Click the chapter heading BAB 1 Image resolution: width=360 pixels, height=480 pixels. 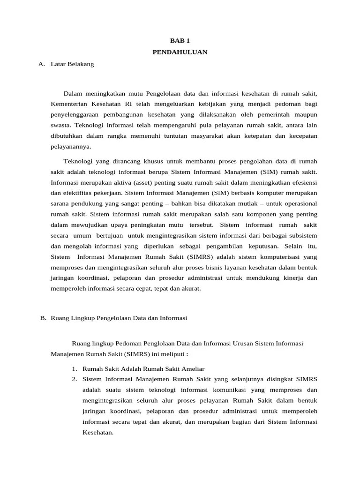pyautogui.click(x=180, y=41)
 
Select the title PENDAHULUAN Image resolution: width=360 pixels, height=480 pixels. pyautogui.click(x=180, y=52)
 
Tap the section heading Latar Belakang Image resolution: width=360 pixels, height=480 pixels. pyautogui.click(x=72, y=64)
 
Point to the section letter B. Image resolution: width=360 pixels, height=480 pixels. pyautogui.click(x=43, y=318)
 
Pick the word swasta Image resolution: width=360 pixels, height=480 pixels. pyautogui.click(x=60, y=125)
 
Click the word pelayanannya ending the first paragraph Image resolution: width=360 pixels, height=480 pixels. pyautogui.click(x=71, y=147)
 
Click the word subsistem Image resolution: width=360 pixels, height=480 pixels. pyautogui.click(x=301, y=235)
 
